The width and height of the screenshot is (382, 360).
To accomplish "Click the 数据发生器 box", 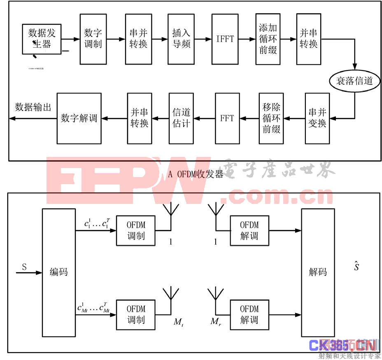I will (42, 39).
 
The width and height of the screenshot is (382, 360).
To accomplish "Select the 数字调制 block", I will (93, 39).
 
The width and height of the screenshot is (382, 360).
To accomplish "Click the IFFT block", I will (225, 39).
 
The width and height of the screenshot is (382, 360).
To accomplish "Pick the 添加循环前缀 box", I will (268, 39).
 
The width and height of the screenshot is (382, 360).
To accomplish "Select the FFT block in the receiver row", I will (227, 118).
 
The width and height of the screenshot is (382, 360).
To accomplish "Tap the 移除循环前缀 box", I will (271, 118).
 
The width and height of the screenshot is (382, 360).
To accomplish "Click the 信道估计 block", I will (181, 118).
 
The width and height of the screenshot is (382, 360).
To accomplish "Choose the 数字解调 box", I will (79, 118).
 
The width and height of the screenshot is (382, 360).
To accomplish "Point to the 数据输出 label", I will (33, 107).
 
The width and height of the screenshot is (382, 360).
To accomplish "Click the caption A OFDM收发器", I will (196, 174).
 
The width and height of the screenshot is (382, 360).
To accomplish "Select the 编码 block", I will (58, 272).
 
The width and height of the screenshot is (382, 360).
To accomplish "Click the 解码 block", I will (318, 272).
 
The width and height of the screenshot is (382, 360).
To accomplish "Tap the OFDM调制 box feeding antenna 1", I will (136, 231).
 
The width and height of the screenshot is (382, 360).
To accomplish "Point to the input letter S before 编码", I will (24, 267).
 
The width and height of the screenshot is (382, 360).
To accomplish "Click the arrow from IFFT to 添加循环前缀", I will (246, 39).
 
